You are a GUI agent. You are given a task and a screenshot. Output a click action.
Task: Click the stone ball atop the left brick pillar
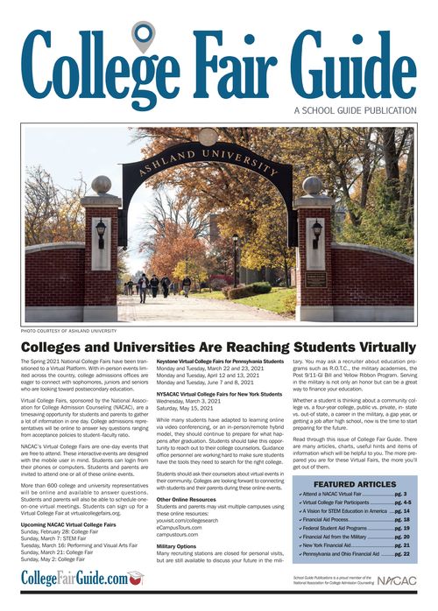pyautogui.click(x=102, y=185)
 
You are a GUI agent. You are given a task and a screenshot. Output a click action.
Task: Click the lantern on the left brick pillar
pyautogui.click(x=101, y=232)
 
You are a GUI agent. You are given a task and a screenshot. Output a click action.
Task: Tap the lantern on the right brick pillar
pyautogui.click(x=315, y=232)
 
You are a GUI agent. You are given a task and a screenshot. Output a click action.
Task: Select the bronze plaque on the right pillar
pyautogui.click(x=315, y=281)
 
